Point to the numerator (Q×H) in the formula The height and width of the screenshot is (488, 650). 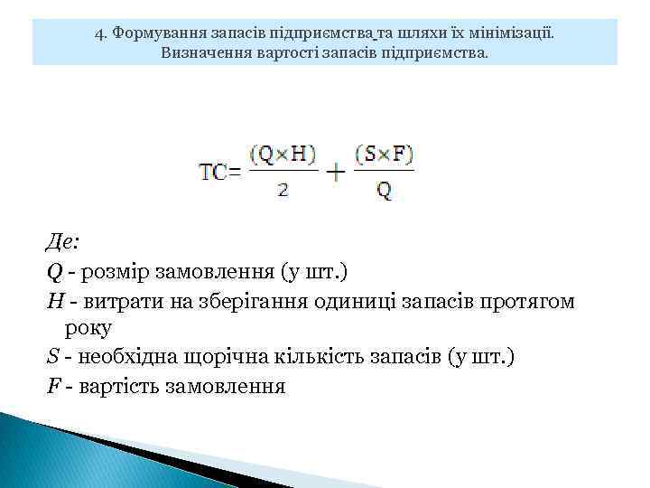pos(283,155)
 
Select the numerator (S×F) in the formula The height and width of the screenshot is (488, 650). pos(384,155)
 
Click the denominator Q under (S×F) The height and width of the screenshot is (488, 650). pos(384,192)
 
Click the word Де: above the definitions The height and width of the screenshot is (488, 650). pos(62,242)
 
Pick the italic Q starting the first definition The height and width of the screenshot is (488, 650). pos(51,271)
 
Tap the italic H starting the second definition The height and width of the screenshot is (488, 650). pos(52,300)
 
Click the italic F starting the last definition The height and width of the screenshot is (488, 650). pos(51,387)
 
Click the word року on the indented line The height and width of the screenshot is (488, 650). pos(88,329)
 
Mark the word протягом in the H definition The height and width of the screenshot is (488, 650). pos(528,300)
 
